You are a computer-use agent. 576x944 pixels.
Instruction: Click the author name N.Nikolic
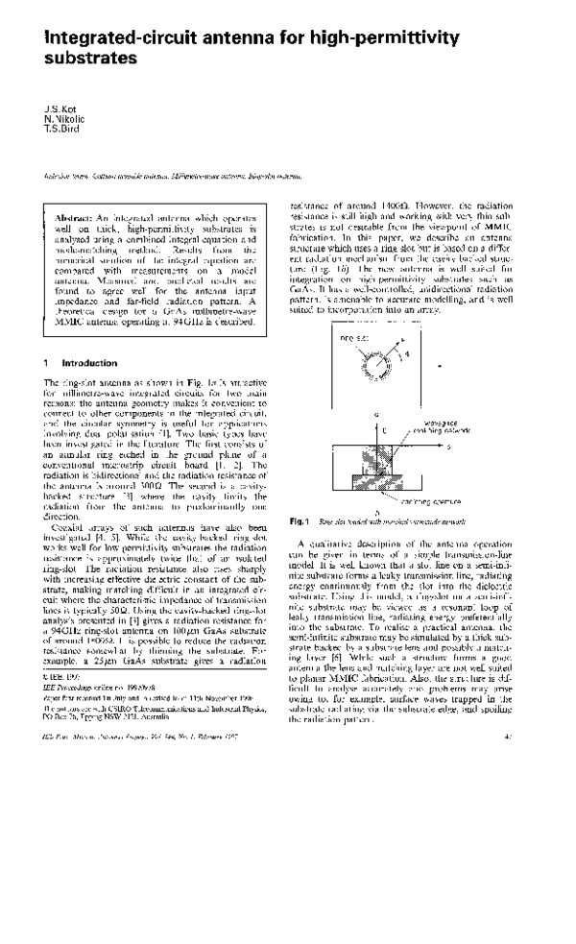[63, 117]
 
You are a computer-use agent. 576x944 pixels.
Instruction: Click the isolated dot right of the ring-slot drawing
[439, 366]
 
